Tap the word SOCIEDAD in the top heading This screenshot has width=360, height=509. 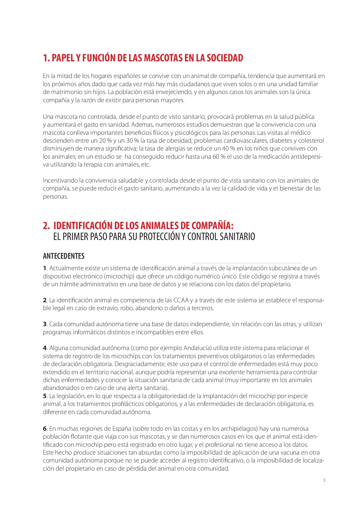(225, 58)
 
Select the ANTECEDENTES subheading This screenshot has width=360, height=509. (64, 256)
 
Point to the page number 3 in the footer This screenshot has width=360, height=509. (324, 480)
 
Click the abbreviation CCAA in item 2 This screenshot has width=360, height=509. (181, 300)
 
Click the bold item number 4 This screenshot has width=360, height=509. (45, 348)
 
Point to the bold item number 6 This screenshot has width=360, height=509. (45, 429)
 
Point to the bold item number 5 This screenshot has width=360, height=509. (45, 396)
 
